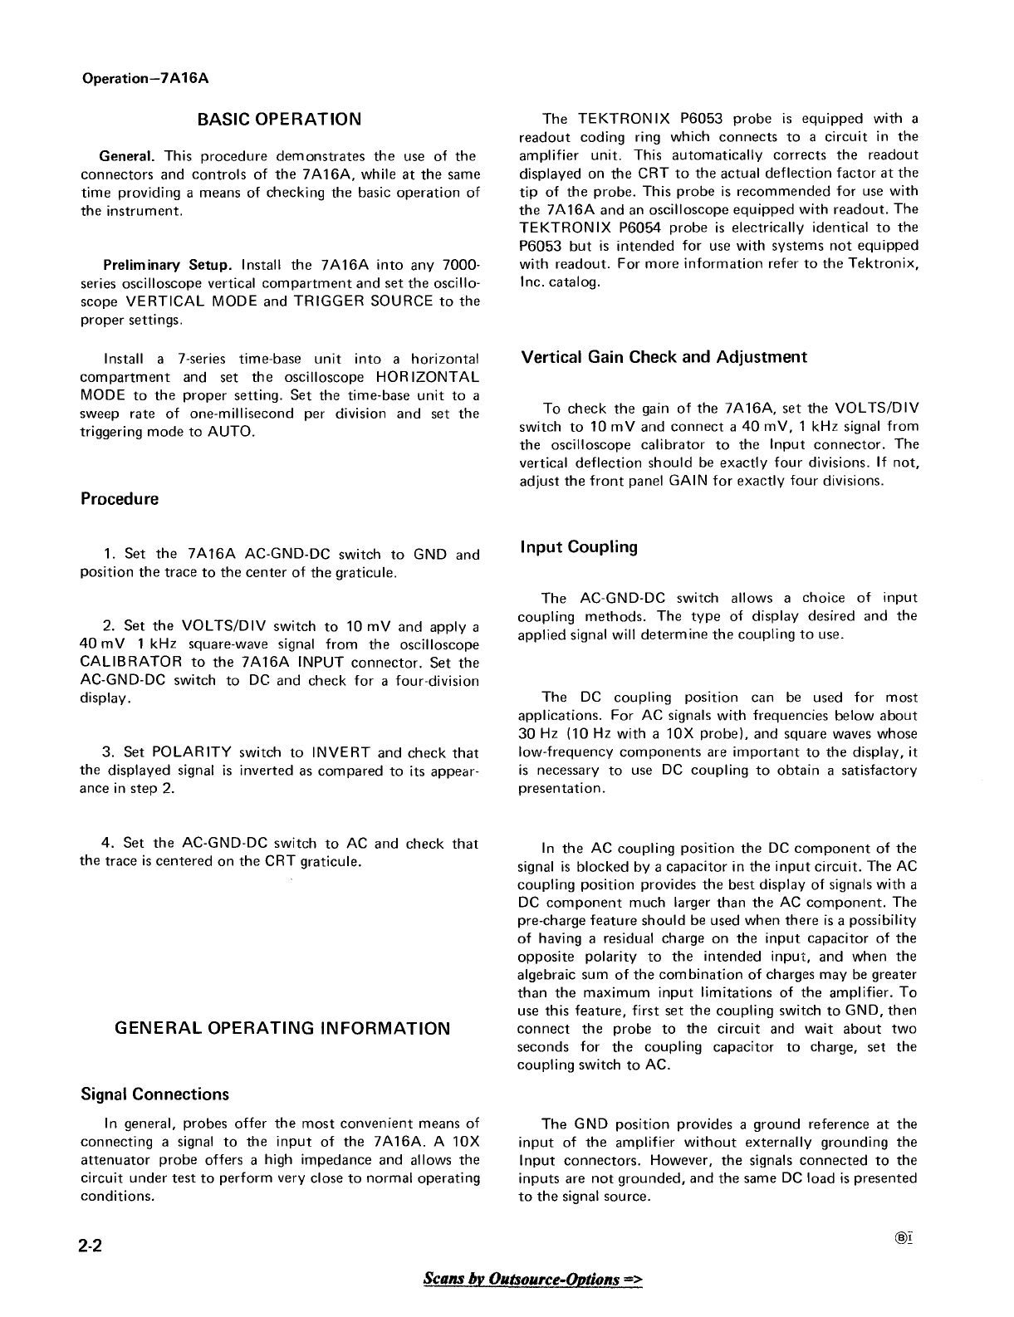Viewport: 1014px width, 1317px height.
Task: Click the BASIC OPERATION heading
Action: point(279,119)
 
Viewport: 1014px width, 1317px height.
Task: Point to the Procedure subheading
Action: point(120,499)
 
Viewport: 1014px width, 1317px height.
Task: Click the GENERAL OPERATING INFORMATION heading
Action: point(282,1028)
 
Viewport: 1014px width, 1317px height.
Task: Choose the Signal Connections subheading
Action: point(154,1094)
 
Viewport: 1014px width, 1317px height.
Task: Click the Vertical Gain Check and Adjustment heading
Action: point(664,357)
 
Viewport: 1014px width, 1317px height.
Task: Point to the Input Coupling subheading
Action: point(579,547)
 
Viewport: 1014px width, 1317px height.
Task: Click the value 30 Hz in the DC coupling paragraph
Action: point(535,734)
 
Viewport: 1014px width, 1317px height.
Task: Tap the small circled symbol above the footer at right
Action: point(907,1236)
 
